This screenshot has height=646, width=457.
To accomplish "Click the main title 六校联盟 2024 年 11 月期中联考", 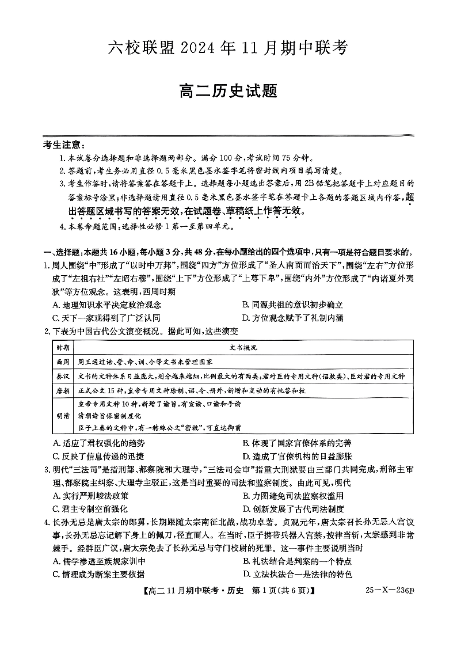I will (228, 48).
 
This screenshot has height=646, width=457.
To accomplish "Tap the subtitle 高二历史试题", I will (228, 90).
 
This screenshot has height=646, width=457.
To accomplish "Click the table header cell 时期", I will (63, 348).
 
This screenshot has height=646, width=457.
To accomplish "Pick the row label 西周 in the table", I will (63, 362).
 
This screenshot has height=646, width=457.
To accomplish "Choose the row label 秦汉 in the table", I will (63, 376).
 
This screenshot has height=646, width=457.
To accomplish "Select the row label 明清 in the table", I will (63, 415).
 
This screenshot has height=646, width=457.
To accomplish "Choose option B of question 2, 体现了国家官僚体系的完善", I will (296, 443).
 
